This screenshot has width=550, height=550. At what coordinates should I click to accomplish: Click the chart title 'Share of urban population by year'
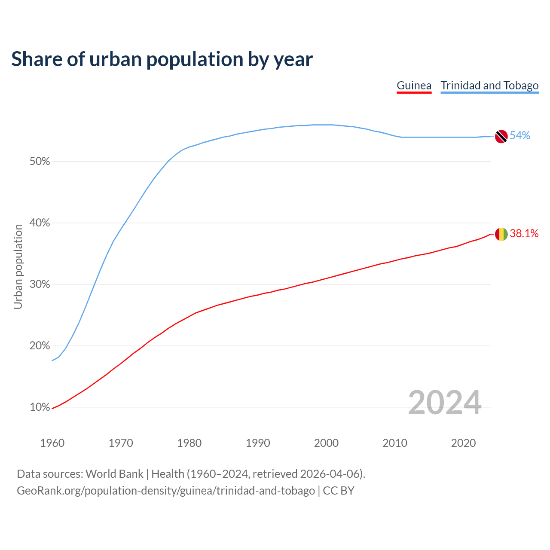(162, 59)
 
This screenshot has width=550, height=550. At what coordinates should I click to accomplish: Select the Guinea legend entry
(414, 86)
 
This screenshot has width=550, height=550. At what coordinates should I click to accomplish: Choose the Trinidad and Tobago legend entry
(489, 86)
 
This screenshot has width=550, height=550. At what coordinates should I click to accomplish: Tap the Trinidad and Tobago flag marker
(501, 136)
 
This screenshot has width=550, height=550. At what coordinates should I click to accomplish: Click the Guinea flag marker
(501, 234)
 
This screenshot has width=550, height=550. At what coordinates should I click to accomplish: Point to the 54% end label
(520, 136)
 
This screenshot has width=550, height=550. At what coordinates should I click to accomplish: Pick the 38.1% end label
(524, 233)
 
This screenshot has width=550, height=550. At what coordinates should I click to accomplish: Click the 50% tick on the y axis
(40, 162)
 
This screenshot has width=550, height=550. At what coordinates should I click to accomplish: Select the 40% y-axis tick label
(40, 223)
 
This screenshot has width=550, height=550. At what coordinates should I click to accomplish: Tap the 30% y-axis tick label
(40, 284)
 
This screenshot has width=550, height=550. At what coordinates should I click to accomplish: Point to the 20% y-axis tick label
(40, 346)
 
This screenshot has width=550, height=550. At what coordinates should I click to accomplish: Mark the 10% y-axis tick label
(40, 407)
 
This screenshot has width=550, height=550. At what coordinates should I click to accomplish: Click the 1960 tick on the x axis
(52, 443)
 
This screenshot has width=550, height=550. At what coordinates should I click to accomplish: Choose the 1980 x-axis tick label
(189, 443)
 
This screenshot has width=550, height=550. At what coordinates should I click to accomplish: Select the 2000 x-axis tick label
(326, 443)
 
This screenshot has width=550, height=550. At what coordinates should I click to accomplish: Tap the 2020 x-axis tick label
(463, 443)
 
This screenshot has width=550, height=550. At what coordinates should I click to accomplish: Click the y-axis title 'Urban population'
(18, 266)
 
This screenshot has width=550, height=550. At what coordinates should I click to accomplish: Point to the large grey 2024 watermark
(445, 403)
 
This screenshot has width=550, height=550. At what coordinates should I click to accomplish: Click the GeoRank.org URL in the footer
(166, 491)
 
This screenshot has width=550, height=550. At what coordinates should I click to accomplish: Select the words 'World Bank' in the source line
(114, 474)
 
